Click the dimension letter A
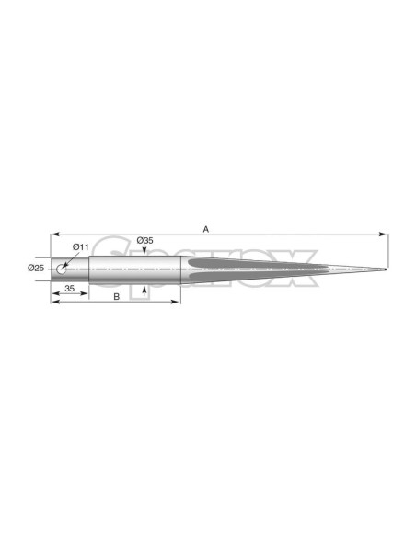[x=205, y=229]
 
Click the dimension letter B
[x=117, y=297]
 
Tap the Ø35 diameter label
[x=144, y=240]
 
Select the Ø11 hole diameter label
[x=80, y=247]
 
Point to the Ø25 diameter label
[x=36, y=268]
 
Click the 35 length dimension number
[x=70, y=289]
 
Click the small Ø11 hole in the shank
[x=62, y=269]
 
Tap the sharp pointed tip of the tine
[x=386, y=269]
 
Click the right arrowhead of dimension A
[x=384, y=234]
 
